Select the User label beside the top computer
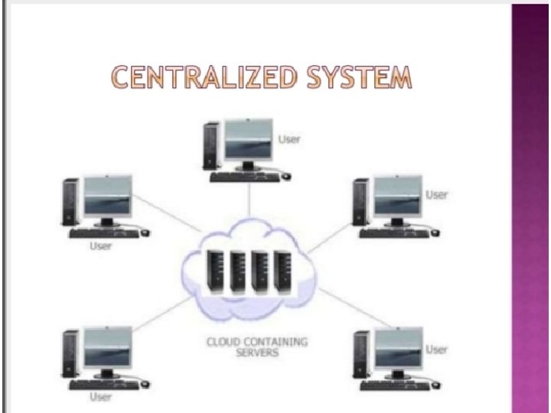coord(290,139)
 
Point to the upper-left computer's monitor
coord(108,197)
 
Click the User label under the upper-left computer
coord(102,246)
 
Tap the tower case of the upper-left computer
coord(71,203)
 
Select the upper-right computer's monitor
coord(397,198)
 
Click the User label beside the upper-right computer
coord(436,195)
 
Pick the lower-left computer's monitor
coord(108,349)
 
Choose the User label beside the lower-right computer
coord(436,350)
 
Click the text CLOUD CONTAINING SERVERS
coord(256,346)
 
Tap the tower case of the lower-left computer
coord(71,354)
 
